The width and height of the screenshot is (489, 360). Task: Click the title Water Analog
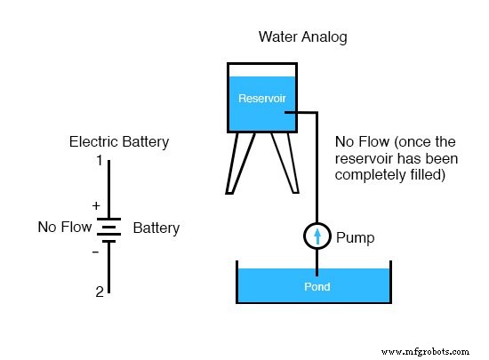[302, 37]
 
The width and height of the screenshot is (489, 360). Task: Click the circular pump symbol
[317, 236]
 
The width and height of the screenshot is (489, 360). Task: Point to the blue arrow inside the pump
[317, 236]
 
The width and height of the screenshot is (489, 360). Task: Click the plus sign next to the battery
[96, 204]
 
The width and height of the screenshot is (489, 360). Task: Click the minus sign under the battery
[96, 252]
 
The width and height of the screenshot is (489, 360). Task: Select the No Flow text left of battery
[65, 228]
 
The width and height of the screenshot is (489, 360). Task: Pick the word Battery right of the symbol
[156, 228]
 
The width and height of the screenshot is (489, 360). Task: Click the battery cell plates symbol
[109, 230]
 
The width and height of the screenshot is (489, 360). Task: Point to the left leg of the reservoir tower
[236, 164]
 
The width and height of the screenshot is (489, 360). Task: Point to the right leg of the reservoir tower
[287, 164]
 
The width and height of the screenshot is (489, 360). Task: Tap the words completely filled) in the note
[390, 175]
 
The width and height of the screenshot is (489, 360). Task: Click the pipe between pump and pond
[317, 259]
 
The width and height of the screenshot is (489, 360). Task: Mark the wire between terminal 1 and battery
[109, 191]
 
